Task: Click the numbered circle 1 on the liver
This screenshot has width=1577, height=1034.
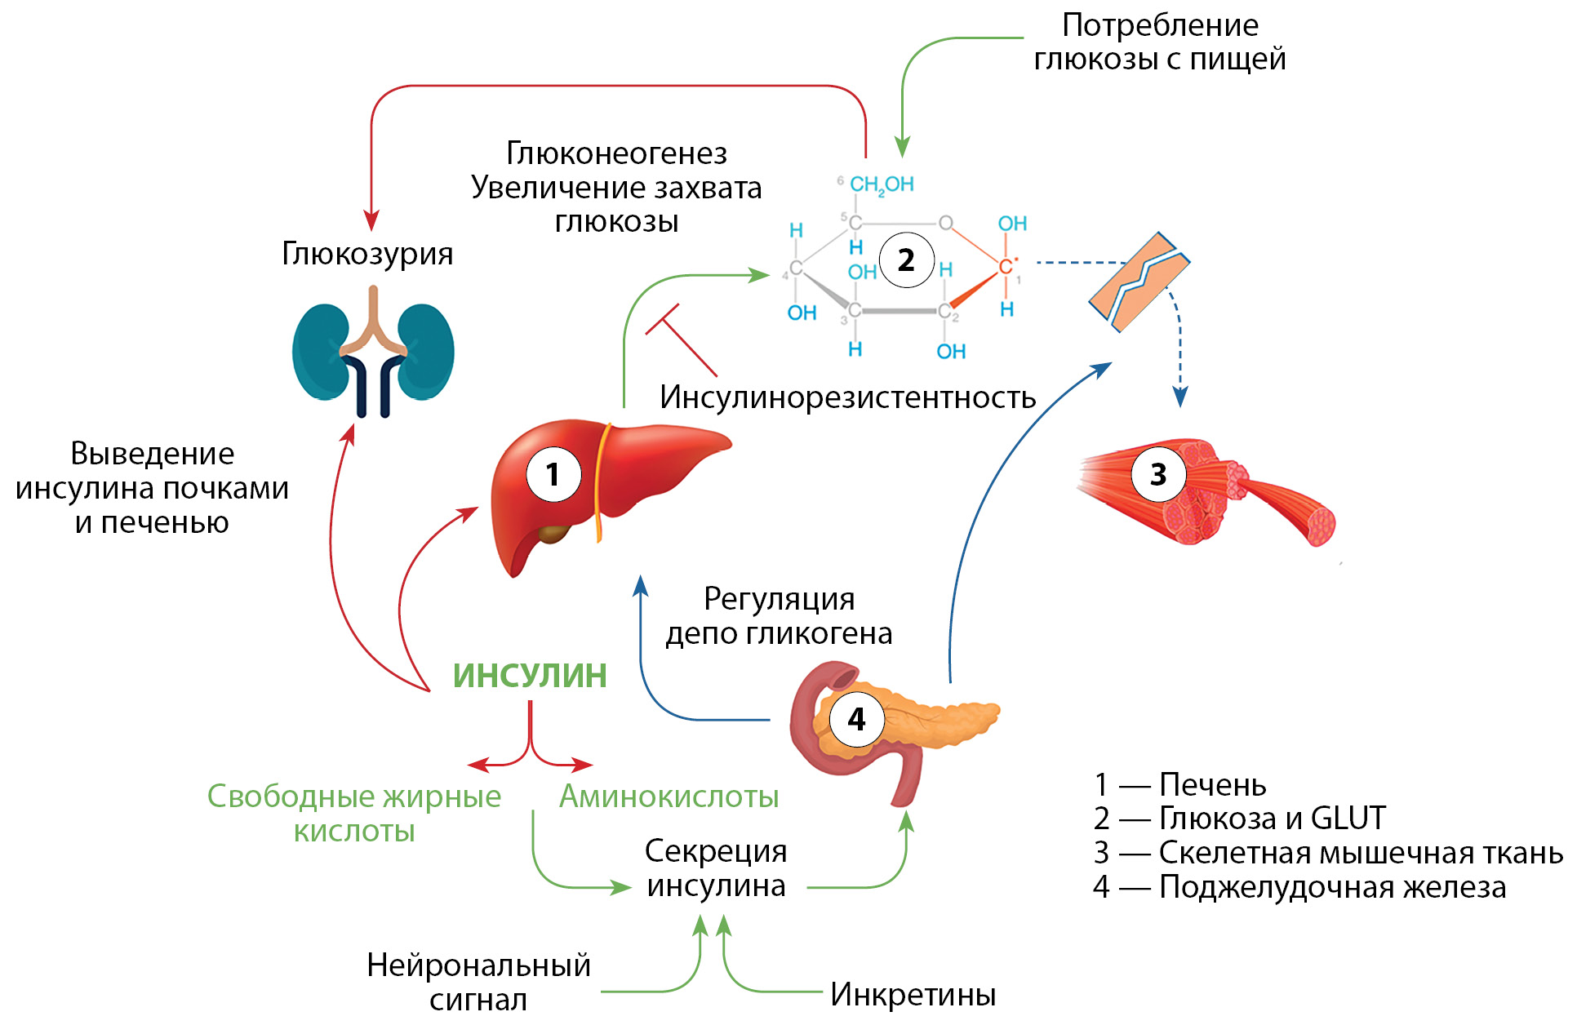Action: tap(553, 474)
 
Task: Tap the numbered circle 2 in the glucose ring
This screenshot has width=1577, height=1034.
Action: tap(906, 260)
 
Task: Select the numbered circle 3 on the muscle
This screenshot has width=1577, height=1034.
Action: tap(1157, 474)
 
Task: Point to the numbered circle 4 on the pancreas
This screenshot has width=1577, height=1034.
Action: tap(856, 719)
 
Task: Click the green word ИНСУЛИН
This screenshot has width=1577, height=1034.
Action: tap(530, 676)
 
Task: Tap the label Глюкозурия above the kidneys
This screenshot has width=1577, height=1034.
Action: tap(367, 254)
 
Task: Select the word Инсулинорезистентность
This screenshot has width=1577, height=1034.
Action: tap(847, 397)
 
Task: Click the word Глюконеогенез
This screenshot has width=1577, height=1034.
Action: tap(616, 153)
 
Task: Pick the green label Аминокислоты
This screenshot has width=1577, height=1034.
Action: tap(669, 797)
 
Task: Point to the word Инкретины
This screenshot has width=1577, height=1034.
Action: tap(913, 995)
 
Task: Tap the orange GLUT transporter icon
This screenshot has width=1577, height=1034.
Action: tap(1139, 282)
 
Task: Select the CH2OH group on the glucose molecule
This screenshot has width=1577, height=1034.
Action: tap(882, 185)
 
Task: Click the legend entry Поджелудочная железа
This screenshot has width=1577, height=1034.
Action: tap(1332, 887)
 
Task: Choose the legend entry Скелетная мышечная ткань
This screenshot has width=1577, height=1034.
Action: tap(1360, 853)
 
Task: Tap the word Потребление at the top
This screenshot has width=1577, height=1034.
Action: tap(1160, 26)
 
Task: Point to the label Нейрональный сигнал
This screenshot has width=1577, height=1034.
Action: tap(478, 982)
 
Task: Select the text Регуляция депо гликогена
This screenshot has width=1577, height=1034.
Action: tap(779, 616)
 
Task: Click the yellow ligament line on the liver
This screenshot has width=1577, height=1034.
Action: tap(601, 481)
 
